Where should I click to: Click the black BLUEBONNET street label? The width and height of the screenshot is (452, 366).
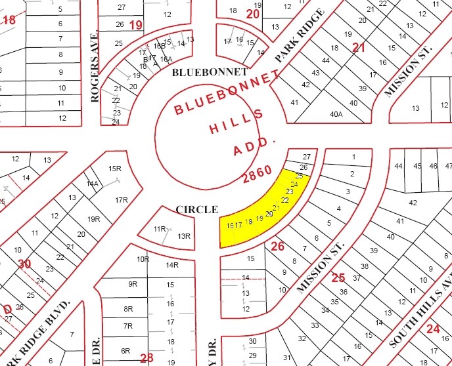[x=210, y=71]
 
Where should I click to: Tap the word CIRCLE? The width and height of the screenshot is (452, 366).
[x=196, y=209]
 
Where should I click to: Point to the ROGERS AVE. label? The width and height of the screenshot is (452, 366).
[x=95, y=67]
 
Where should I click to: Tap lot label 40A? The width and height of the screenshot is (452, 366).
[x=336, y=113]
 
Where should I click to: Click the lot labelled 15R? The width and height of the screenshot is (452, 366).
[x=115, y=169]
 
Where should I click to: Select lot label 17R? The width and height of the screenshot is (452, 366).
[x=121, y=199]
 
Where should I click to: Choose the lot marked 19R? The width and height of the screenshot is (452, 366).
[x=93, y=219]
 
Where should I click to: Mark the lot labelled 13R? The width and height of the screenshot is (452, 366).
[x=183, y=236]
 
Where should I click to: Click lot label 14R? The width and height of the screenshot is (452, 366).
[x=172, y=265]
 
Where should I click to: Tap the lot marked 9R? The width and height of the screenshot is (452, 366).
[x=133, y=284]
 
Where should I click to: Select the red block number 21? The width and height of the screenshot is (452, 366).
[x=358, y=47]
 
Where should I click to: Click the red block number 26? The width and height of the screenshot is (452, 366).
[x=277, y=247]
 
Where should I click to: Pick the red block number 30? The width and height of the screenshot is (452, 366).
[x=24, y=264]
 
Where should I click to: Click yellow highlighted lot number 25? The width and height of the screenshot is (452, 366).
[x=300, y=176]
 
